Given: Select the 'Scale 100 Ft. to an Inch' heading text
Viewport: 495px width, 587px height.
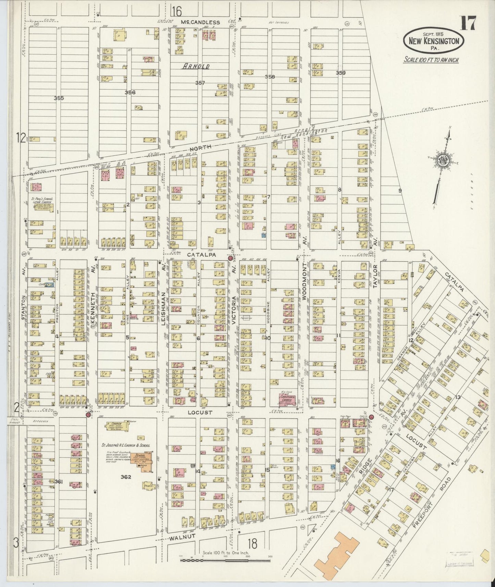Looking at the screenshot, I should [x=431, y=60].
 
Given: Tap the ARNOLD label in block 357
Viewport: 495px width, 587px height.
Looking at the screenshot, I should [x=195, y=66].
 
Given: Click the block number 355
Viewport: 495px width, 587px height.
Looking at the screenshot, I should [x=59, y=98].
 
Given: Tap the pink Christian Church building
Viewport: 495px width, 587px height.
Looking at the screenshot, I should [x=287, y=400].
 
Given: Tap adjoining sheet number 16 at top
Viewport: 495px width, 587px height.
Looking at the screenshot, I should [x=177, y=12].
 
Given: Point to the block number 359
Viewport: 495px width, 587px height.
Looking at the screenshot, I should [x=341, y=73].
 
